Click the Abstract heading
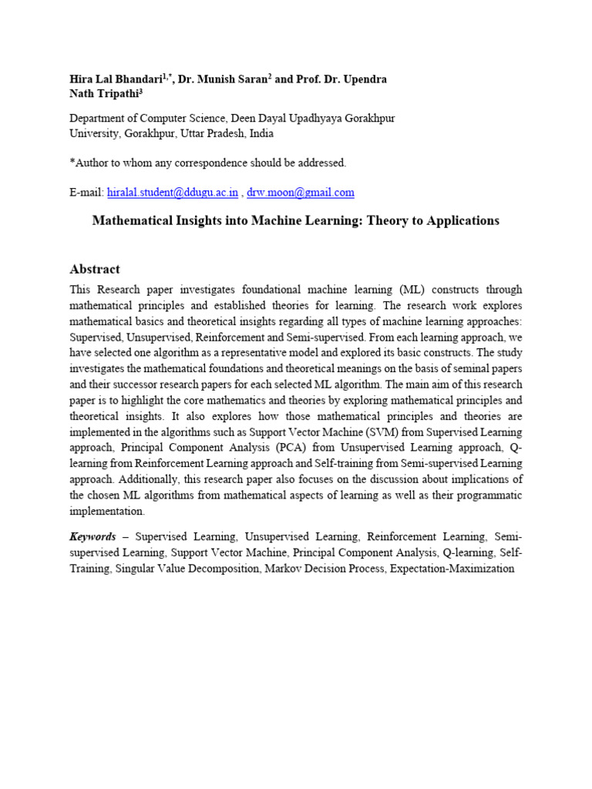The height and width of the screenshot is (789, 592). (x=95, y=269)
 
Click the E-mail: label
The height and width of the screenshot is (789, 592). (x=86, y=193)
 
